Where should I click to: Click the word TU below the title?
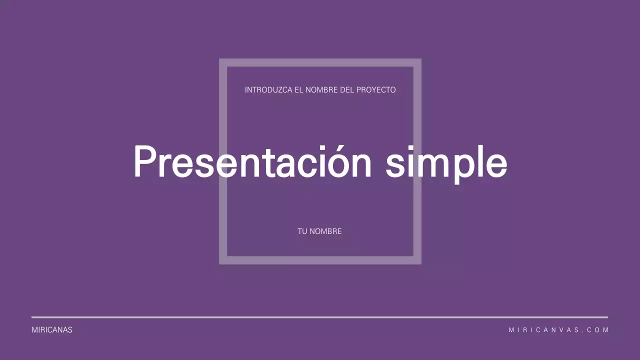302,231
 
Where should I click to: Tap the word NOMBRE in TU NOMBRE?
325,231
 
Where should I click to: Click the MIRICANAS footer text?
52,330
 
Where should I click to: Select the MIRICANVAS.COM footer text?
558,330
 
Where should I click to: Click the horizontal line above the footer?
320,317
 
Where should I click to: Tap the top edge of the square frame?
320,63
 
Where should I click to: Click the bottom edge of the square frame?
320,260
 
